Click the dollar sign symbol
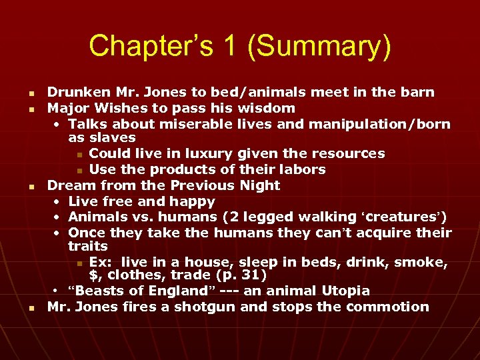click(94, 275)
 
